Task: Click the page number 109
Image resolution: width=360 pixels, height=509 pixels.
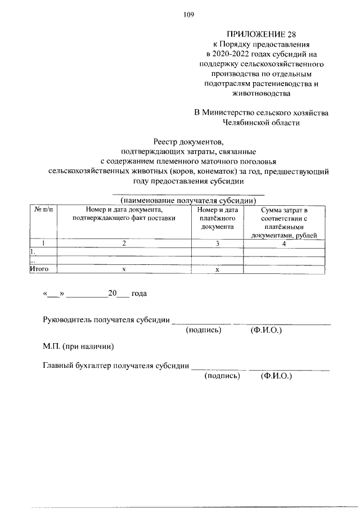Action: pyautogui.click(x=188, y=15)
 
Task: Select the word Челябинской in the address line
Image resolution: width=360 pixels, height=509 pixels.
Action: pyautogui.click(x=246, y=122)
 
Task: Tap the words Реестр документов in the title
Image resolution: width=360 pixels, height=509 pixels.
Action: pyautogui.click(x=188, y=142)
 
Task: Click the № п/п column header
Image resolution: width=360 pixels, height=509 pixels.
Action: pyautogui.click(x=43, y=210)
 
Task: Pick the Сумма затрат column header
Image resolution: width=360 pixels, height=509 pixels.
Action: pyautogui.click(x=284, y=222)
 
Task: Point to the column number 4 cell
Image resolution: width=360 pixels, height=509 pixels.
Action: pyautogui.click(x=284, y=243)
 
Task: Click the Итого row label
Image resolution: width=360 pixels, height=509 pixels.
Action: pyautogui.click(x=39, y=269)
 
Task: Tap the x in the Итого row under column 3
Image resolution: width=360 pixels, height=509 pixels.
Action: pyautogui.click(x=218, y=269)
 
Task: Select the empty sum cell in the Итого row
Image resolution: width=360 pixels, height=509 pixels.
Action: pyautogui.click(x=284, y=269)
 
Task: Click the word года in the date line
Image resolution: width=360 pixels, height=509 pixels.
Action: pyautogui.click(x=139, y=294)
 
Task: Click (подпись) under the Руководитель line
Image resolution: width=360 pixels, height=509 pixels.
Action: pyautogui.click(x=204, y=330)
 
